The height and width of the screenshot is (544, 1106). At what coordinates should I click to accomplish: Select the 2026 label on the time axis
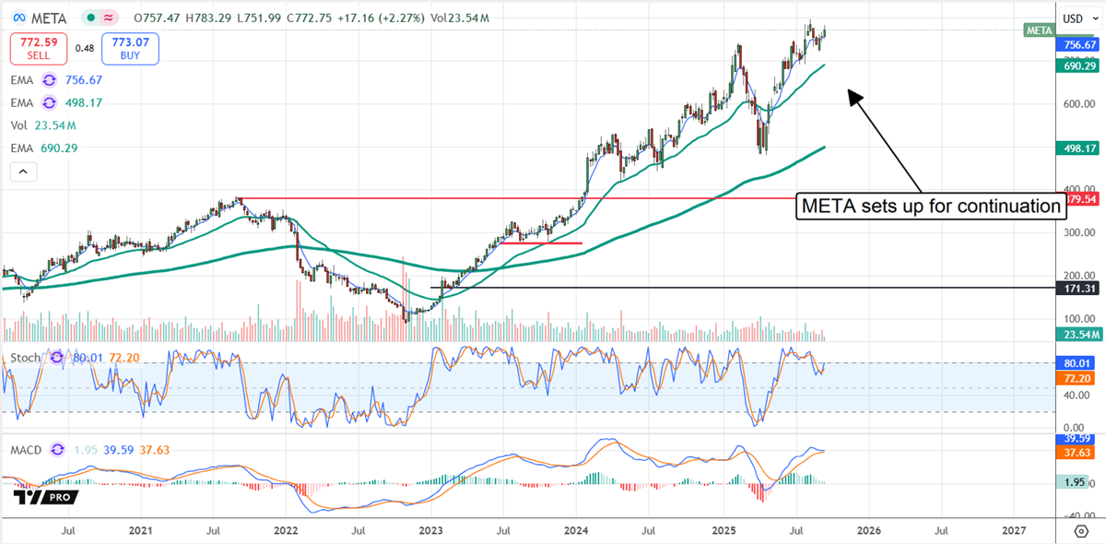867,531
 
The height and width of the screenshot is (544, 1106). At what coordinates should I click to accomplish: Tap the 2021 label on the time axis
140,531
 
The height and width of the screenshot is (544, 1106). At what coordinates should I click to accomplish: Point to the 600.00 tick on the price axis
1077,103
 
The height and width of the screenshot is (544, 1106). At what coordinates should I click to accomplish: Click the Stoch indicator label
25,357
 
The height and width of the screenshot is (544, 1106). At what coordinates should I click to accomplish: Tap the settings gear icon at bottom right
1080,531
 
